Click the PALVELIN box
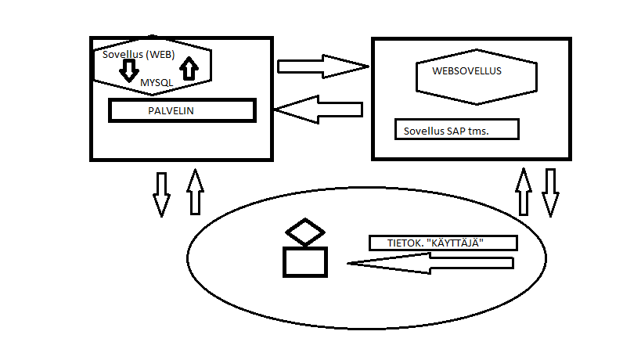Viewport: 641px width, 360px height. pyautogui.click(x=182, y=110)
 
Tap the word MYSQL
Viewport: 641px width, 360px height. pyautogui.click(x=157, y=82)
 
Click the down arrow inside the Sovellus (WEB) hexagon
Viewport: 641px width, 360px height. pyautogui.click(x=129, y=71)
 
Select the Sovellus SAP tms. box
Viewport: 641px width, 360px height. pyautogui.click(x=457, y=130)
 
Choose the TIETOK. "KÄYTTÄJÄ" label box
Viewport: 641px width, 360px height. pyautogui.click(x=442, y=243)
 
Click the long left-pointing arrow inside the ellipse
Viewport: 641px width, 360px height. pyautogui.click(x=430, y=265)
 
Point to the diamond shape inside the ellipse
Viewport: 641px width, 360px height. pyautogui.click(x=304, y=233)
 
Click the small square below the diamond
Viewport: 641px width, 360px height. pyautogui.click(x=304, y=261)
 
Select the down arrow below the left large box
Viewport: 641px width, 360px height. pyautogui.click(x=161, y=193)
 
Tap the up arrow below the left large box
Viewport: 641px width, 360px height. pyautogui.click(x=195, y=191)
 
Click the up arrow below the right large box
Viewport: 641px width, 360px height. pyautogui.click(x=523, y=190)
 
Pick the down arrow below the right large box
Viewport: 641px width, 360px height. pyautogui.click(x=550, y=192)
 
